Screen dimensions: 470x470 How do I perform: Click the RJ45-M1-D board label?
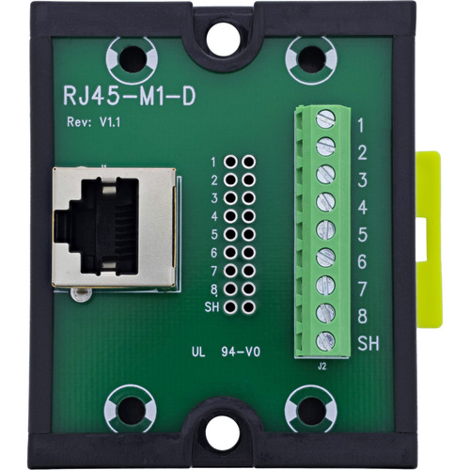click(x=130, y=94)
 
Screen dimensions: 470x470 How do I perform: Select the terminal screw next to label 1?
click(x=325, y=118)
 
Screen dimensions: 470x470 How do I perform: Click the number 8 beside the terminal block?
click(x=362, y=317)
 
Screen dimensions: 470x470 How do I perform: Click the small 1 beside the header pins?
click(x=214, y=163)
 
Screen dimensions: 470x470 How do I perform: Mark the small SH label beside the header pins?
click(x=211, y=306)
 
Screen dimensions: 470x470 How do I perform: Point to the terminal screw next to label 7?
click(x=325, y=285)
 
